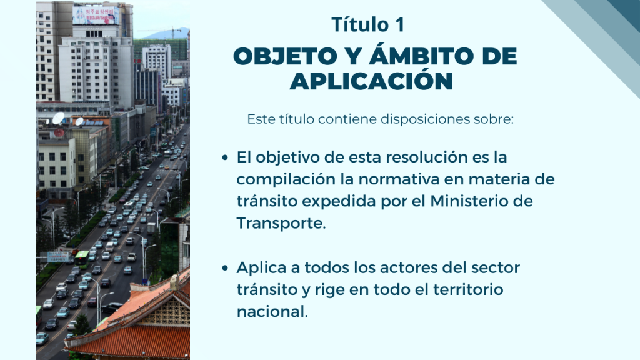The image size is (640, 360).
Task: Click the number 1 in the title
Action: [399, 24]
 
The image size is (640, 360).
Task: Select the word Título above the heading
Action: [360, 24]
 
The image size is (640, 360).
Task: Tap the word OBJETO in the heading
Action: [286, 56]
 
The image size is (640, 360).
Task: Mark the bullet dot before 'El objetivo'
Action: [225, 157]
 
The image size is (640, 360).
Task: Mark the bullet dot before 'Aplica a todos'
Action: [225, 268]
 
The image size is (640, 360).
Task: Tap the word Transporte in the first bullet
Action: [281, 223]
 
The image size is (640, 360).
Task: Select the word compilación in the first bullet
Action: [286, 179]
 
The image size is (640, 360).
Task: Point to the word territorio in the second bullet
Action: [467, 290]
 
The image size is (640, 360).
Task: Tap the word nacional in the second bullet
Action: [272, 312]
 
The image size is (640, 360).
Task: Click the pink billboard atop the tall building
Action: [96, 16]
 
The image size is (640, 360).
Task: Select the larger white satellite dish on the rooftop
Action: [58, 118]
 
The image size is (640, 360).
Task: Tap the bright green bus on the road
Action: [82, 259]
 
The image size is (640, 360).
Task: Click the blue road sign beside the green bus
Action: [57, 257]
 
